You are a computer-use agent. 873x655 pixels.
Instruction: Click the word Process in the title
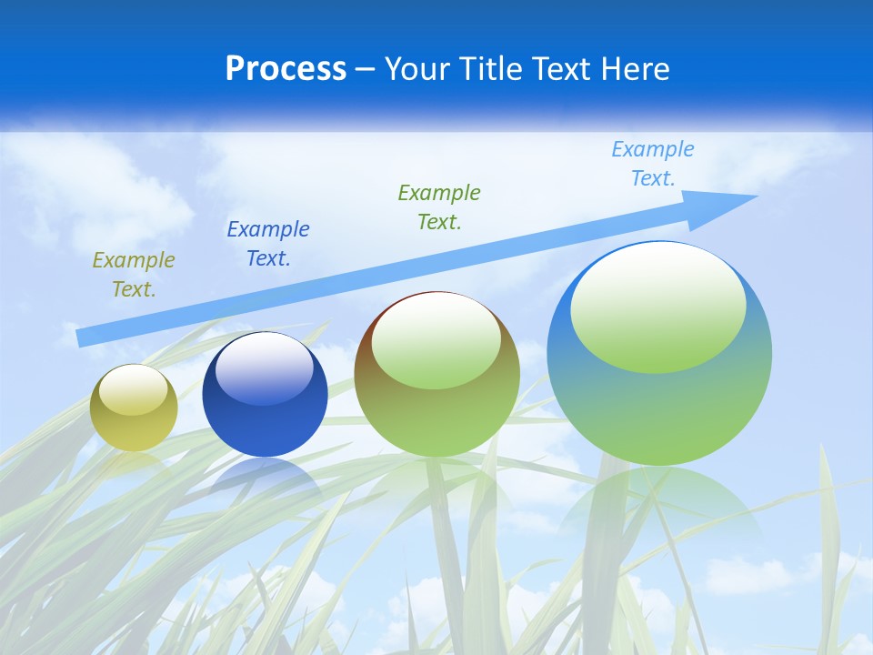tap(286, 69)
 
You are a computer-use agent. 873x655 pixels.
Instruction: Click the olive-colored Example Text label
tap(134, 275)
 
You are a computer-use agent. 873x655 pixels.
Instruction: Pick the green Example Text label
tap(439, 207)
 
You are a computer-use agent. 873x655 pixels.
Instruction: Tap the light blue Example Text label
tap(653, 164)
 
